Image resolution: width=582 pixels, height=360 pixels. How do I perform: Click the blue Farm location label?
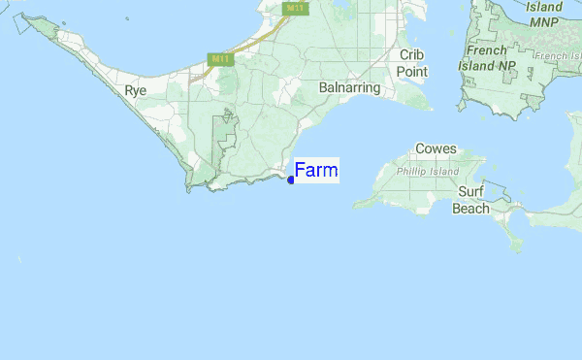click(x=316, y=171)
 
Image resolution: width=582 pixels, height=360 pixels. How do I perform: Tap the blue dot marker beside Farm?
click(x=291, y=180)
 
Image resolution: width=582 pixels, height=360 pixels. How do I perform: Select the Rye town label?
click(x=136, y=90)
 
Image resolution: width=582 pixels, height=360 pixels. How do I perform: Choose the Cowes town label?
click(x=436, y=149)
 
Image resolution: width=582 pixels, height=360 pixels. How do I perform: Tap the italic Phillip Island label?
click(x=428, y=171)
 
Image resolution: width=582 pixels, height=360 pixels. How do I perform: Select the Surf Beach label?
click(x=471, y=201)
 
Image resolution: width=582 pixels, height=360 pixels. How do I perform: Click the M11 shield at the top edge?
click(x=294, y=7)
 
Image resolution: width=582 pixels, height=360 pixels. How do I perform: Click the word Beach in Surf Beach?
click(x=471, y=209)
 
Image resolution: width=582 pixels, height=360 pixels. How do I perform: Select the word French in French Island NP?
click(x=488, y=50)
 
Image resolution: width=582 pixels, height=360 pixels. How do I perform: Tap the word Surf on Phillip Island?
click(x=471, y=193)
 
